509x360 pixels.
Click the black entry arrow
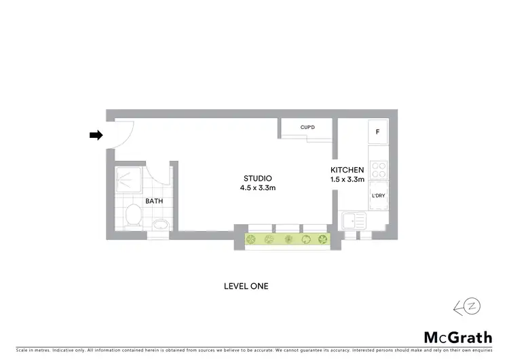coord(96,135)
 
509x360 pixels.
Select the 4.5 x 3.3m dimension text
coord(257,187)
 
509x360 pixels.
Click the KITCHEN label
coord(347,170)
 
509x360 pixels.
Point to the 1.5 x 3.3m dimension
coord(347,179)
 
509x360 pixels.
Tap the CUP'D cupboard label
coord(310,127)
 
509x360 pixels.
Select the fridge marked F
coord(377,132)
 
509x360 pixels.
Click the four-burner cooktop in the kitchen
coord(377,170)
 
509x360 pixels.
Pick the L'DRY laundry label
coord(377,196)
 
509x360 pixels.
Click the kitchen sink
coord(355,221)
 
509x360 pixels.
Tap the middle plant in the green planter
coord(288,239)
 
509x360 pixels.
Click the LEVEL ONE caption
coord(246,286)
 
